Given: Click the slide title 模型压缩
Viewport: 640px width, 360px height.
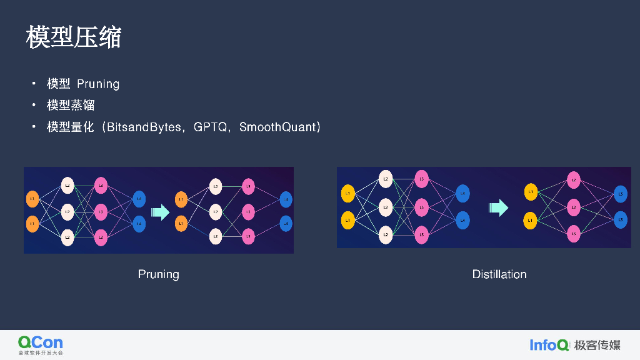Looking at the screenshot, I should tap(73, 37).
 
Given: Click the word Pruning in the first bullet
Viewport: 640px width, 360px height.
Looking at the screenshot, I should tap(98, 84).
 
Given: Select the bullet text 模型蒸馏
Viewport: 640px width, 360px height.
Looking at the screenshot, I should tap(71, 105).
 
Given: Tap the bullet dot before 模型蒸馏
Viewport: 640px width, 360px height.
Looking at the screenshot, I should tap(34, 104).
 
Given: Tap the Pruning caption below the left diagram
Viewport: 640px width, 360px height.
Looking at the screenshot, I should tap(158, 274).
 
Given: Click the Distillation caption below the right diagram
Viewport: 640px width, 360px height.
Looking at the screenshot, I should tap(499, 274).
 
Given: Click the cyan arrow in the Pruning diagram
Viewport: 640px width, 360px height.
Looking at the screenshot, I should tap(161, 212).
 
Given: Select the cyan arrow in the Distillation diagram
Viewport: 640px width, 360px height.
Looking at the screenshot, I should tap(499, 207).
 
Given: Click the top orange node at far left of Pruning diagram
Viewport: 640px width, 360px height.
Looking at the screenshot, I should tap(32, 199).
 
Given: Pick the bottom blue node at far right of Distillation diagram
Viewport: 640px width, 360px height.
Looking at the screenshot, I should tap(620, 220).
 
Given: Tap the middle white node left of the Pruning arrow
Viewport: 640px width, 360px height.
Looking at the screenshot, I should tap(67, 212).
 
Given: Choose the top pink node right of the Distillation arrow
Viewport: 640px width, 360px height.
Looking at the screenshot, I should tap(573, 181).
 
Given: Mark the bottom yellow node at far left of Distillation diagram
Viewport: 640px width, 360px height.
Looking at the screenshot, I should tap(347, 220).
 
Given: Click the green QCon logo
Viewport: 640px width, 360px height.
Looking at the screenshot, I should tap(41, 344).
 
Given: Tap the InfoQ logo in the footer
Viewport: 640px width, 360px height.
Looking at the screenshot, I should tap(549, 345).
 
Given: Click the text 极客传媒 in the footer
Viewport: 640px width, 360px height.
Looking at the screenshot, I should tap(597, 345).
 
